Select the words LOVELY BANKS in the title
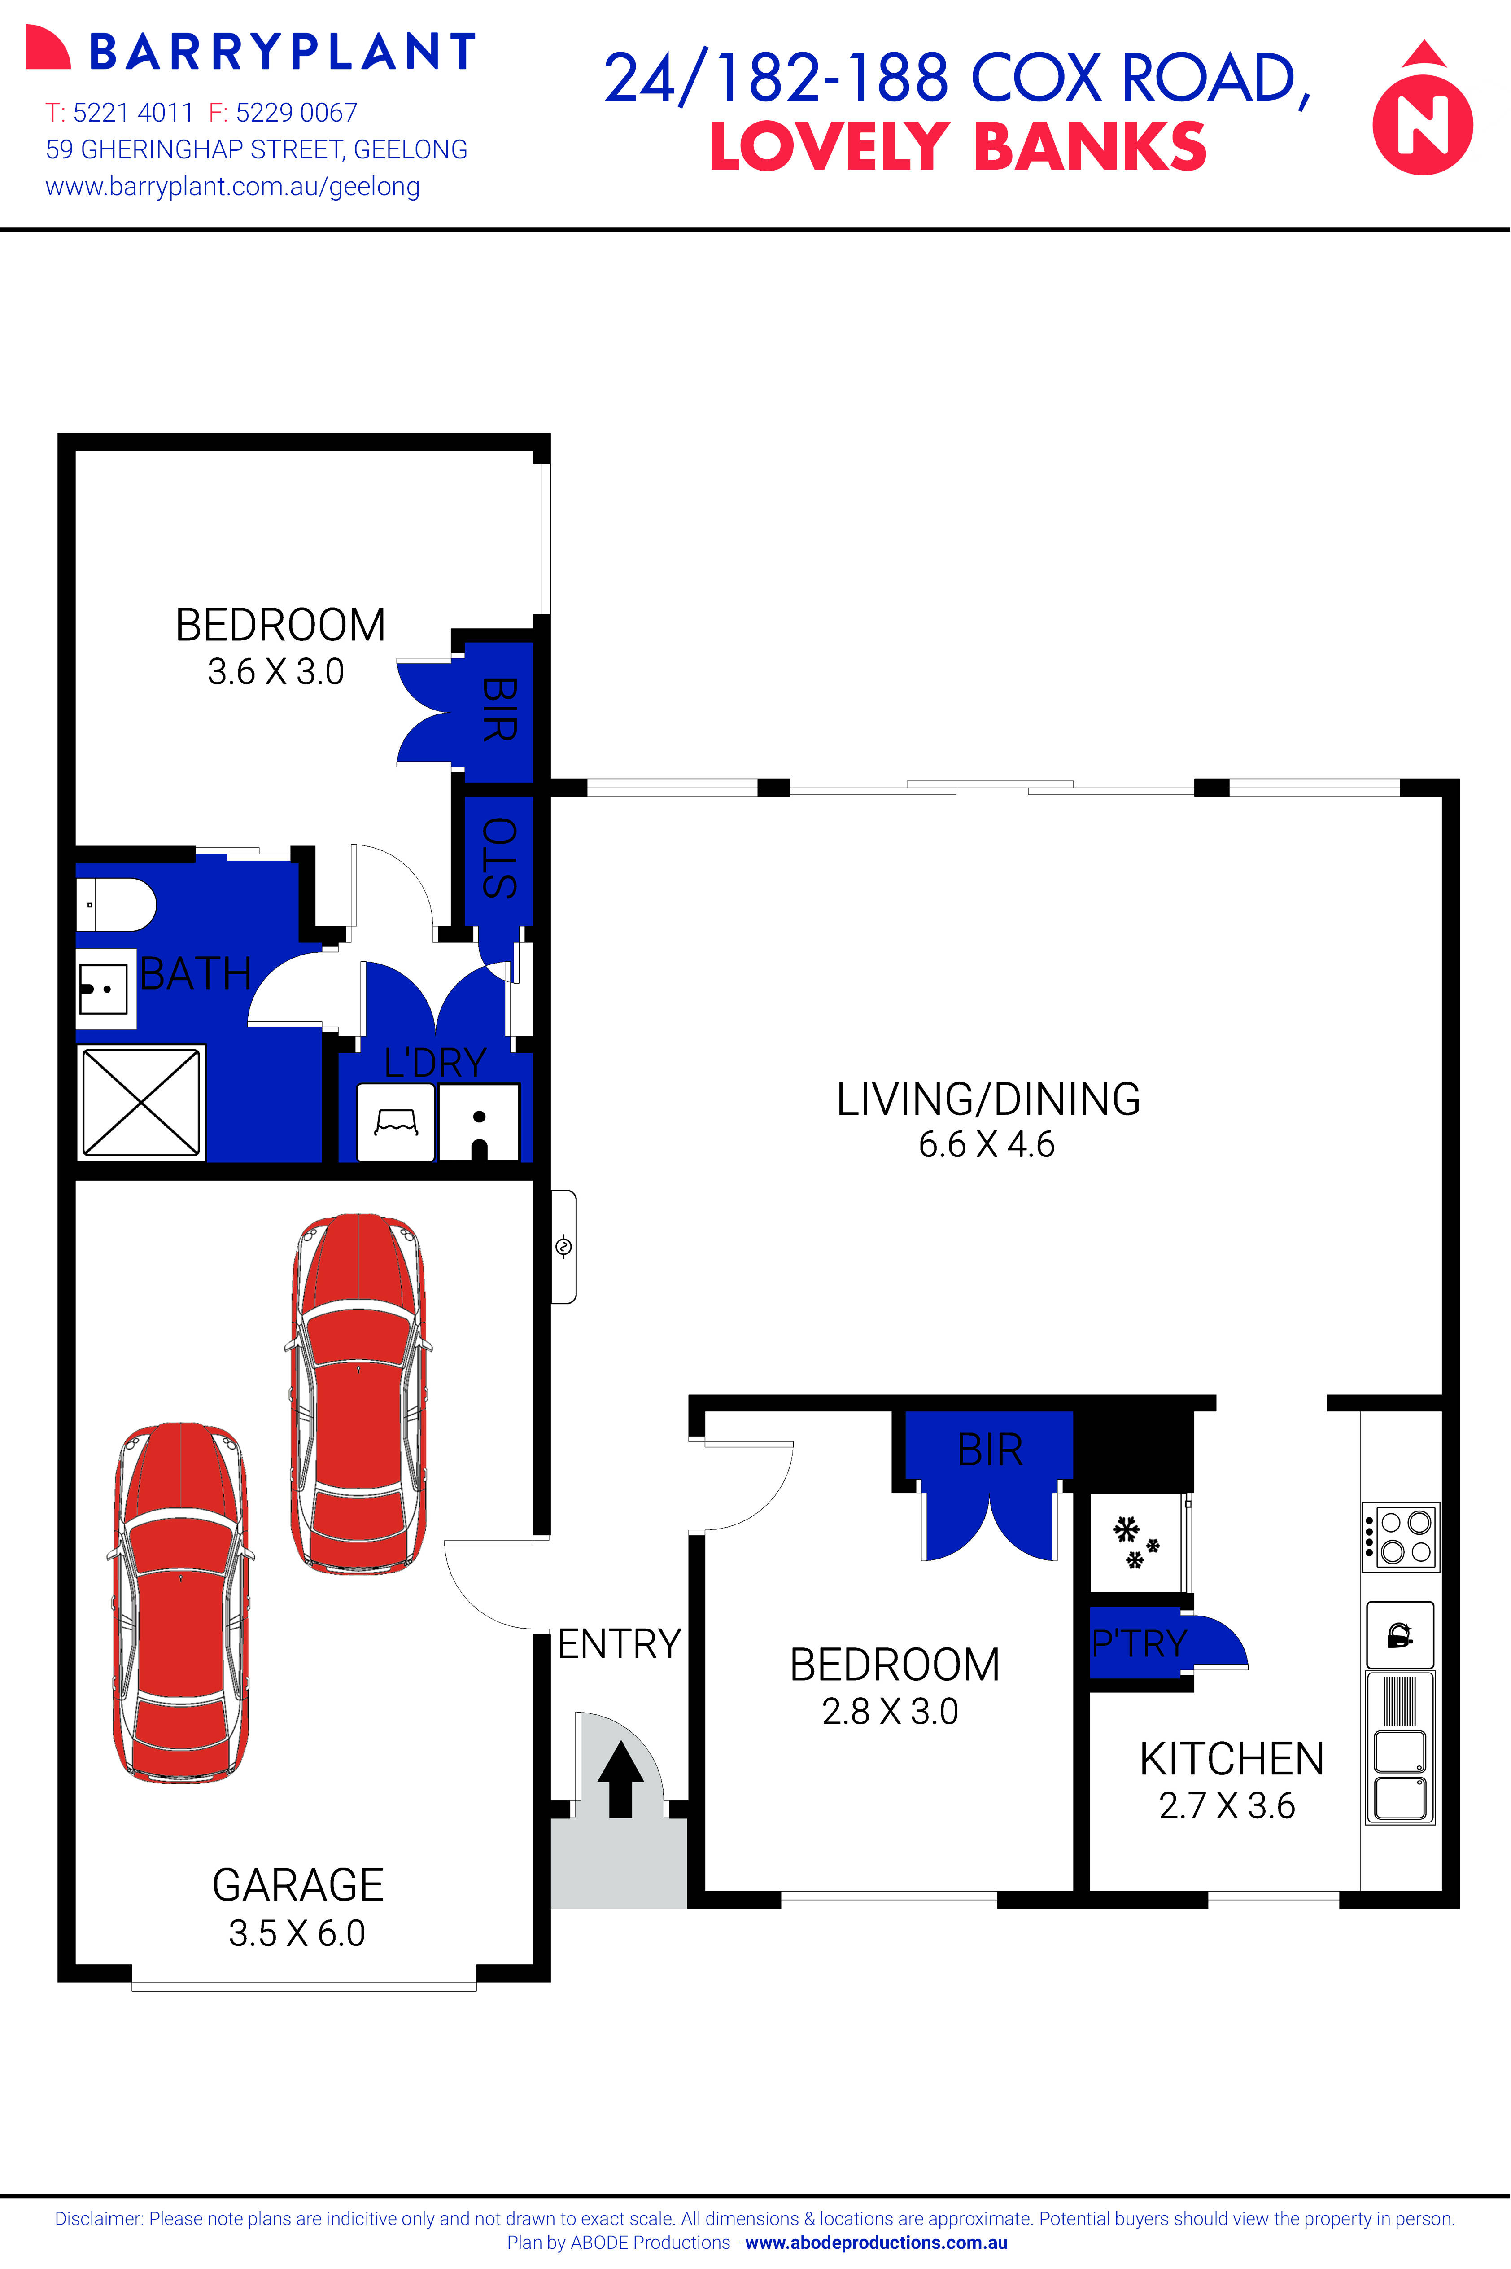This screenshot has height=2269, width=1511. click(958, 148)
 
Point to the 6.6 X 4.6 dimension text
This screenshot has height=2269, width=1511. click(987, 1144)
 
